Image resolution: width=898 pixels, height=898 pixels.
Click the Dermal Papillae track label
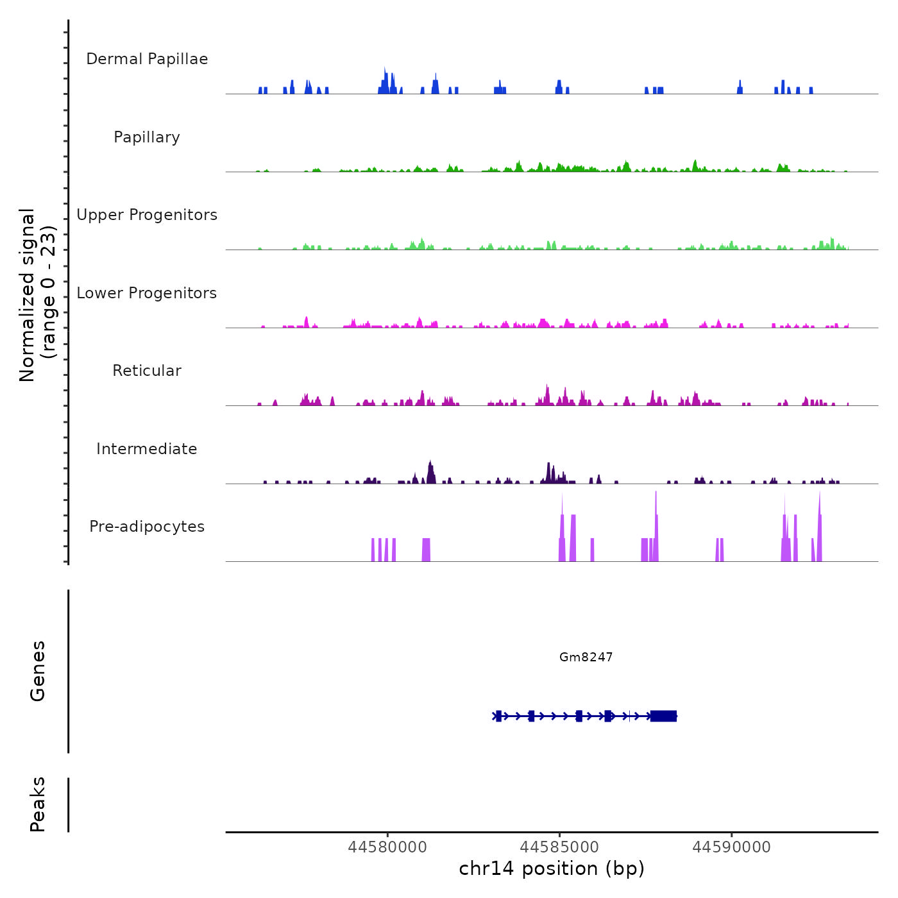coord(147,59)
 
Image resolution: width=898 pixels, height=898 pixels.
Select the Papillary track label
coord(147,137)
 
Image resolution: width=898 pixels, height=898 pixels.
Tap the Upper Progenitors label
coord(147,215)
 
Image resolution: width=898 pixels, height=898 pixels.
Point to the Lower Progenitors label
coord(147,293)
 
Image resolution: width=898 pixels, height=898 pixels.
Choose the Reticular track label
coord(147,371)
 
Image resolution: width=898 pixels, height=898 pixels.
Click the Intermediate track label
coord(147,449)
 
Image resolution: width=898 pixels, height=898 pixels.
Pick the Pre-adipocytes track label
coord(147,527)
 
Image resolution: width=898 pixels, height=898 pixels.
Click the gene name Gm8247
coord(586,657)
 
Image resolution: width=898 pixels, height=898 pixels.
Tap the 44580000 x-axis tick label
coord(387,847)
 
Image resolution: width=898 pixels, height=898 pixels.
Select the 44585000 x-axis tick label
coord(559,847)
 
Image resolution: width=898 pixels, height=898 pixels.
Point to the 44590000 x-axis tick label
coord(731,847)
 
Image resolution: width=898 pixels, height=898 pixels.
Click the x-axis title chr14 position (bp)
coord(552,869)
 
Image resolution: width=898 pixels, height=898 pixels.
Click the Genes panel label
coord(38,671)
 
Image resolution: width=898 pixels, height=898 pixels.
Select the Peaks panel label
coord(38,804)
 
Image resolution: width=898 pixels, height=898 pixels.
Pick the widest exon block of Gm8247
coord(663,716)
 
